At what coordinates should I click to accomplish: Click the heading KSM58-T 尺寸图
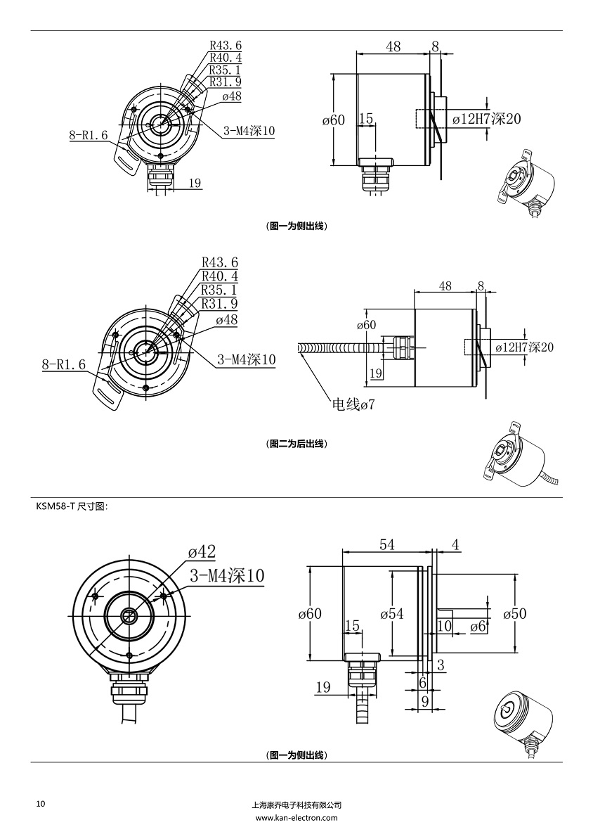coord(72,506)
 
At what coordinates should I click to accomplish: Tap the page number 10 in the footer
coord(40,803)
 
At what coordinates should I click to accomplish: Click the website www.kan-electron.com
coord(296,818)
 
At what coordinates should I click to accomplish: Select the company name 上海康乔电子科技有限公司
coord(296,805)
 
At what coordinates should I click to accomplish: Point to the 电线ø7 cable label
coord(353,405)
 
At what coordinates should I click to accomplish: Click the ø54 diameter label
coord(392,613)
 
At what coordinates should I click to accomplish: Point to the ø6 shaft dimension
coord(478,625)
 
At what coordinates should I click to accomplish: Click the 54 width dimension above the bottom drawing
coord(387,544)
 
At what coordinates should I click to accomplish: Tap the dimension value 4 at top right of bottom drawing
coord(455,544)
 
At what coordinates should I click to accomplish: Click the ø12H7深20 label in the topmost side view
coord(486,119)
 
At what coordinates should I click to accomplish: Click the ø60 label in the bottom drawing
coord(309,613)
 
